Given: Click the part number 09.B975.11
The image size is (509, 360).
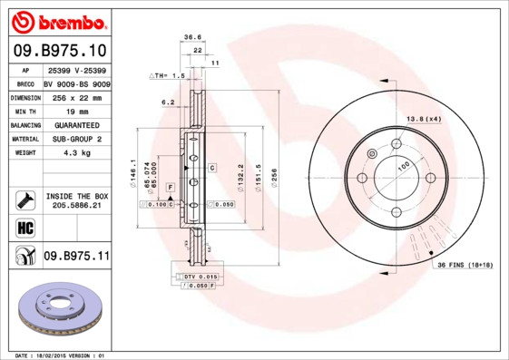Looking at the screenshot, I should coord(75,258).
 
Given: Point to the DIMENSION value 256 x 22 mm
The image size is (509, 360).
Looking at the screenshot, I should coord(75,95).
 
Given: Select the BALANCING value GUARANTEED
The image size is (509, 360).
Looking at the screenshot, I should coord(75,124).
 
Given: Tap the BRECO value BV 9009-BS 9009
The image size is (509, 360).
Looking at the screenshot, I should coord(75,82).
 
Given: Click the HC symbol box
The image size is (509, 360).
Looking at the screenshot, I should coord(24,226).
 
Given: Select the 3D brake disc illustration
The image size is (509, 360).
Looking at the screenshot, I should coord(61,308).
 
